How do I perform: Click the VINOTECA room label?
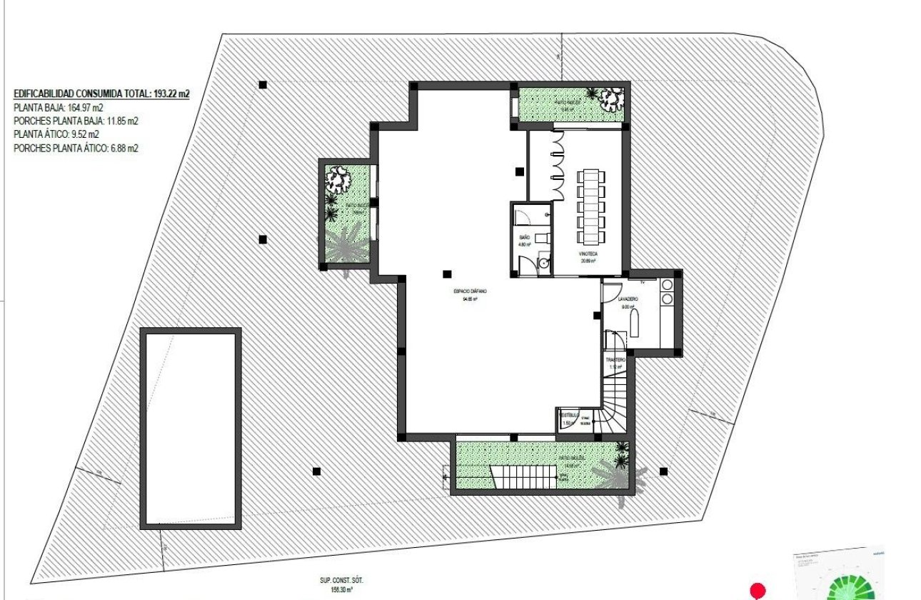tap(589, 254)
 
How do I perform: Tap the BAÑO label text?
tap(525, 236)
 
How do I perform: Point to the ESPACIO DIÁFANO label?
tap(469, 292)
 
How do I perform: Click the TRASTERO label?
tap(615, 360)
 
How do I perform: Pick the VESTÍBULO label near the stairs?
tap(568, 415)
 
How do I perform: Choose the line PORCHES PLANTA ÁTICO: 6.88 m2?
tap(76, 149)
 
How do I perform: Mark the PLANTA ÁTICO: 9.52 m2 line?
tap(56, 135)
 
